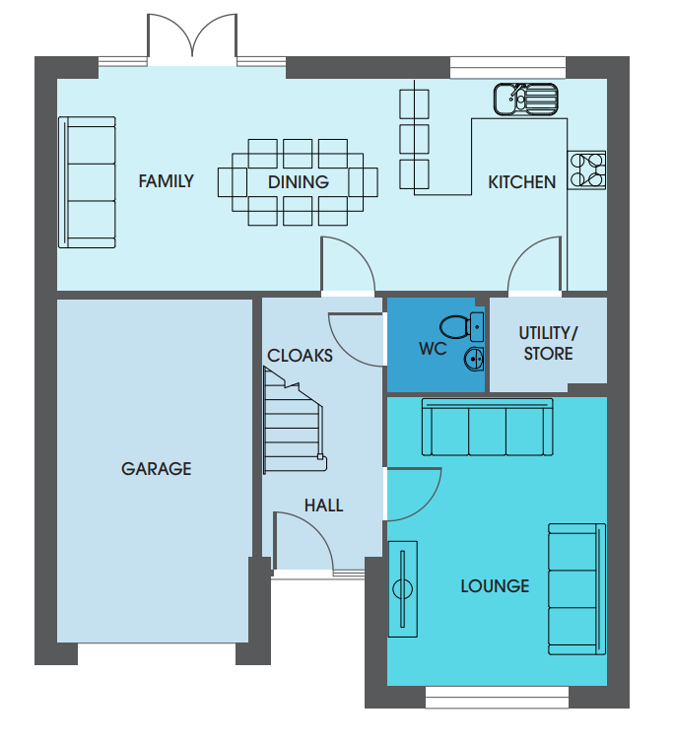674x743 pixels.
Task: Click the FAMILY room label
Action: [x=166, y=181]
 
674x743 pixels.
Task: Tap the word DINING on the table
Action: [x=299, y=182]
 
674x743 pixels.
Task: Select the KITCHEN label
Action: [x=522, y=182]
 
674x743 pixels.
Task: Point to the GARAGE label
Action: [x=157, y=469]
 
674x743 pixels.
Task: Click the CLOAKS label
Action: [x=300, y=356]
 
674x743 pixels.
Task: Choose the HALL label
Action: [x=324, y=506]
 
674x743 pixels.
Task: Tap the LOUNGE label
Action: [x=495, y=586]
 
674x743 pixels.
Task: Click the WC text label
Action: [x=433, y=349]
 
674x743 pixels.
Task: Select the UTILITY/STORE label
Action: [x=549, y=344]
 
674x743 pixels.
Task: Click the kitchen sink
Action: [x=525, y=100]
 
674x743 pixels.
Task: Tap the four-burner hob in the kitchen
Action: [x=586, y=170]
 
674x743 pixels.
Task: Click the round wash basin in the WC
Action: [x=473, y=359]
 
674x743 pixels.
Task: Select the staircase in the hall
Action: [x=294, y=422]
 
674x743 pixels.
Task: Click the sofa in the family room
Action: [x=88, y=182]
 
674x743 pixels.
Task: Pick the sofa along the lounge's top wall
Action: [x=487, y=427]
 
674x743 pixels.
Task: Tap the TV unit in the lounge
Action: [x=403, y=589]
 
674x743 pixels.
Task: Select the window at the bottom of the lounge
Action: [x=497, y=697]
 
